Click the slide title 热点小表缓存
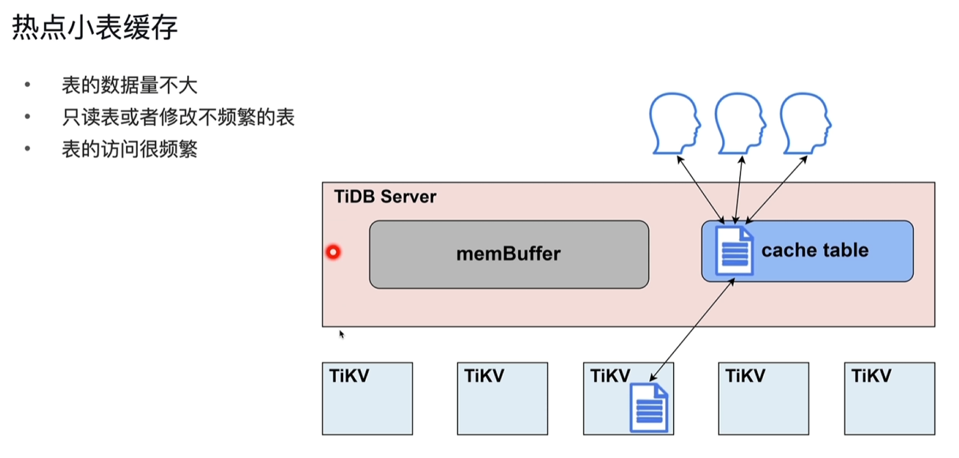[x=95, y=29]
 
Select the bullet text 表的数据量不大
[x=129, y=86]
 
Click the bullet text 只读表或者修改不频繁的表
[x=178, y=117]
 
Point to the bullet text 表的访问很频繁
[x=129, y=149]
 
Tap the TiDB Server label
[x=385, y=197]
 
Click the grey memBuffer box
[x=508, y=254]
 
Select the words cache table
[x=814, y=250]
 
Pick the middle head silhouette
[x=740, y=124]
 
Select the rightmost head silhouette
[x=806, y=124]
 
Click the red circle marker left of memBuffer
[x=333, y=253]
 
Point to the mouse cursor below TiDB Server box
[x=341, y=334]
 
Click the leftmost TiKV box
[x=367, y=398]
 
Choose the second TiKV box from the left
[x=502, y=398]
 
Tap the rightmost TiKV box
[x=889, y=398]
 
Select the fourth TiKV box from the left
[x=763, y=398]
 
